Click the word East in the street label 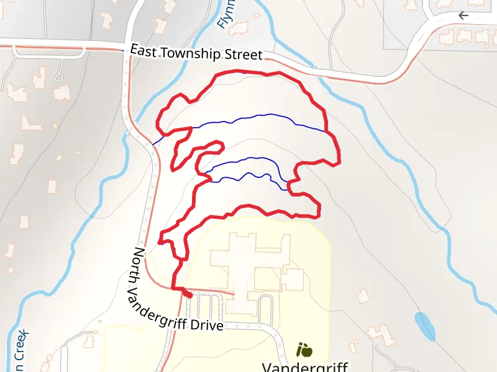click(144, 51)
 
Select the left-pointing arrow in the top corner click(463, 15)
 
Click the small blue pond click(424, 325)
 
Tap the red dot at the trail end click(188, 296)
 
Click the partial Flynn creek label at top click(224, 15)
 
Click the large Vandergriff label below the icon click(304, 366)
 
